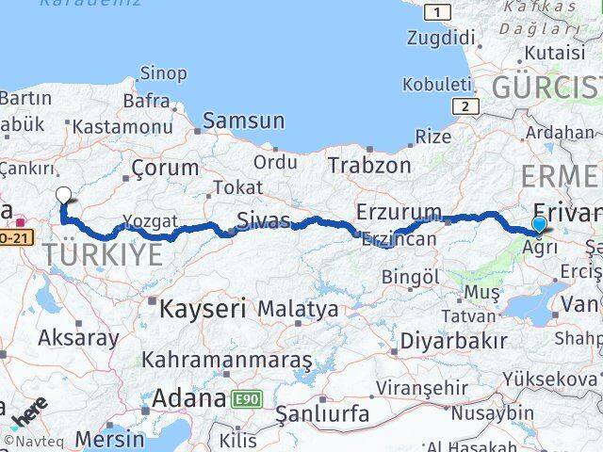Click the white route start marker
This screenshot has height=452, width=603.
63,195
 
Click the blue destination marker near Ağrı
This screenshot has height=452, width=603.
538,224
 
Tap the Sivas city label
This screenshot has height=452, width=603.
263,220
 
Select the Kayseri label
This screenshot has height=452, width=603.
203,308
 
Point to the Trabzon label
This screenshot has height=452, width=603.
369,165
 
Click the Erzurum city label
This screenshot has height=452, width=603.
399,211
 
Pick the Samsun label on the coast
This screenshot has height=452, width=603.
243,121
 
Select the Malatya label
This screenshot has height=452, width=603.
298,308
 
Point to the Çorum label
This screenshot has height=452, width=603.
165,169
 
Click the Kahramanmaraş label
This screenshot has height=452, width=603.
227,360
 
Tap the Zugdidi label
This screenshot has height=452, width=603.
440,39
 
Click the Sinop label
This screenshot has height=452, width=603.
163,73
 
